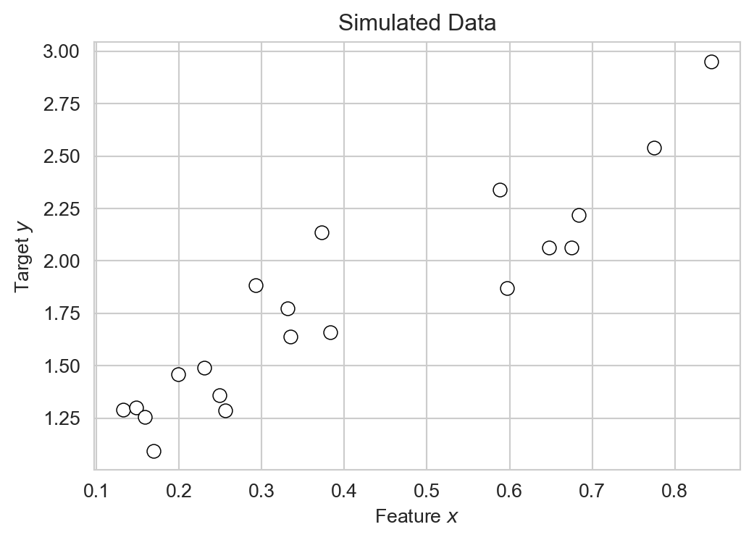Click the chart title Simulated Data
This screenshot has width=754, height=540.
pos(417,22)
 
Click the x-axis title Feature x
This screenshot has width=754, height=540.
pos(417,517)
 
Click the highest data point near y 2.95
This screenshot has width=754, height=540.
pos(711,62)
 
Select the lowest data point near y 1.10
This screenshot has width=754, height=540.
pos(154,451)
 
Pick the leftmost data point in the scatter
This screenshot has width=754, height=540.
pos(123,410)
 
